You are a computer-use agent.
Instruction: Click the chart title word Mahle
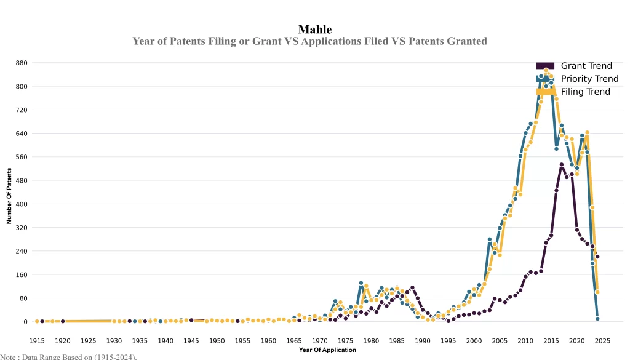(x=315, y=29)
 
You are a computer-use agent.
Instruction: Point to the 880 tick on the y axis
(x=22, y=63)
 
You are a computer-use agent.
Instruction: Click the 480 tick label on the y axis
(x=22, y=180)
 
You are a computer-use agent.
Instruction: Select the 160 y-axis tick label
(x=22, y=274)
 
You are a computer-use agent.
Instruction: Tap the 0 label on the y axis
(x=25, y=322)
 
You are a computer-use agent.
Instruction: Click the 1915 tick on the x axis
(x=37, y=340)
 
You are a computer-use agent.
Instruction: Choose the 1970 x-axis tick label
(x=320, y=340)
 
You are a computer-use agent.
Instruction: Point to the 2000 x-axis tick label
(x=474, y=340)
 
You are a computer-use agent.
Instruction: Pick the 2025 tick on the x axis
(x=602, y=340)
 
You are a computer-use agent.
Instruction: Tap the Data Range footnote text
(x=68, y=356)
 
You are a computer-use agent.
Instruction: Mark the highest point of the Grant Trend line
(x=562, y=165)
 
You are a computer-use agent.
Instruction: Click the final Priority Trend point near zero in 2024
(x=597, y=319)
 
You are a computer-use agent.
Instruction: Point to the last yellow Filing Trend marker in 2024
(x=597, y=292)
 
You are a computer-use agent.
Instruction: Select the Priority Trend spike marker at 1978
(x=361, y=283)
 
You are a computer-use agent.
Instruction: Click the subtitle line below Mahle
(x=309, y=41)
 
